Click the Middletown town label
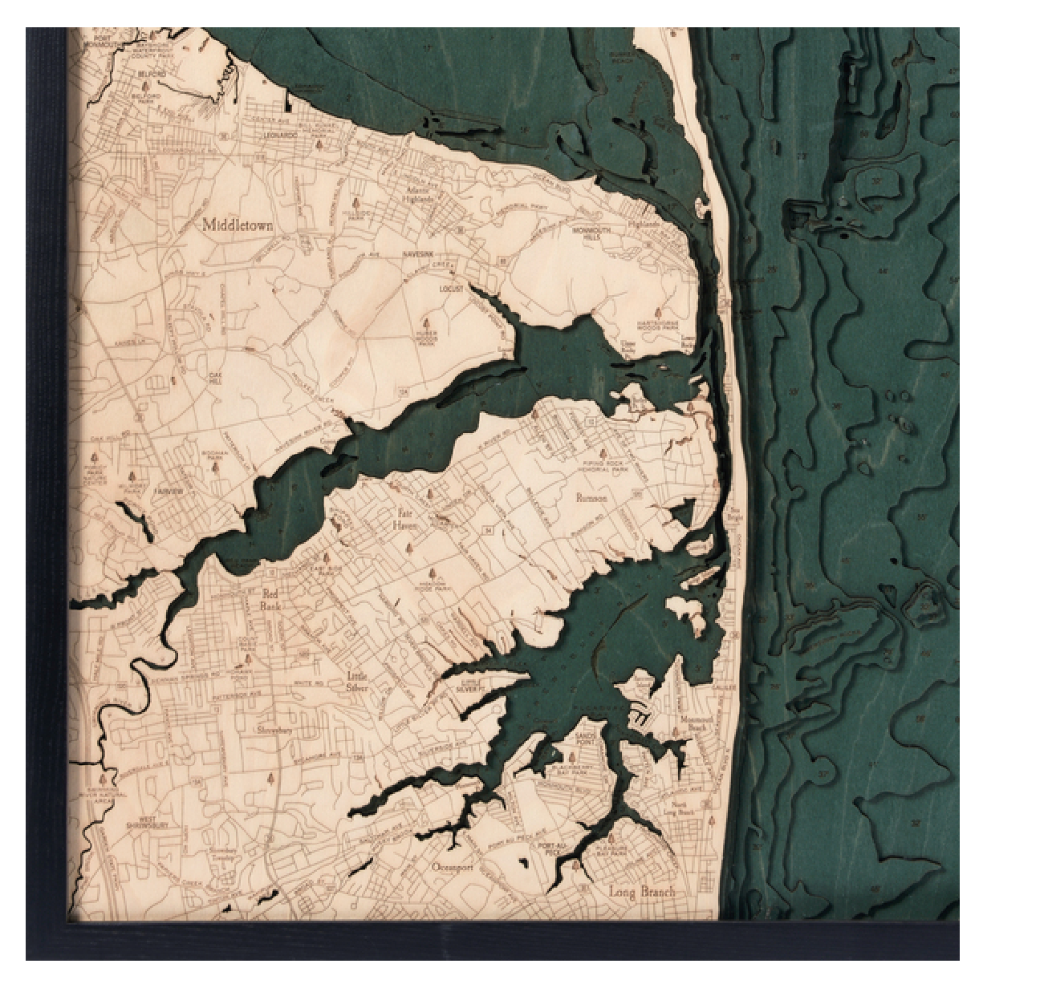coord(238,225)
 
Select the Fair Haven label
coord(405,519)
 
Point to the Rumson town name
coord(591,498)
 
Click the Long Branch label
coord(642,892)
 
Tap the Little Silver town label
coord(357,682)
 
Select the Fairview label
coord(169,491)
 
